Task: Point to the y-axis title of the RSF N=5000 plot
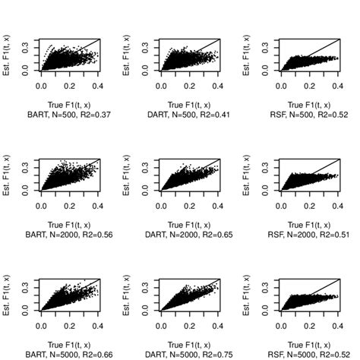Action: coord(246,294)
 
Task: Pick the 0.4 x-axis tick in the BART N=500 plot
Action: coord(96,87)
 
